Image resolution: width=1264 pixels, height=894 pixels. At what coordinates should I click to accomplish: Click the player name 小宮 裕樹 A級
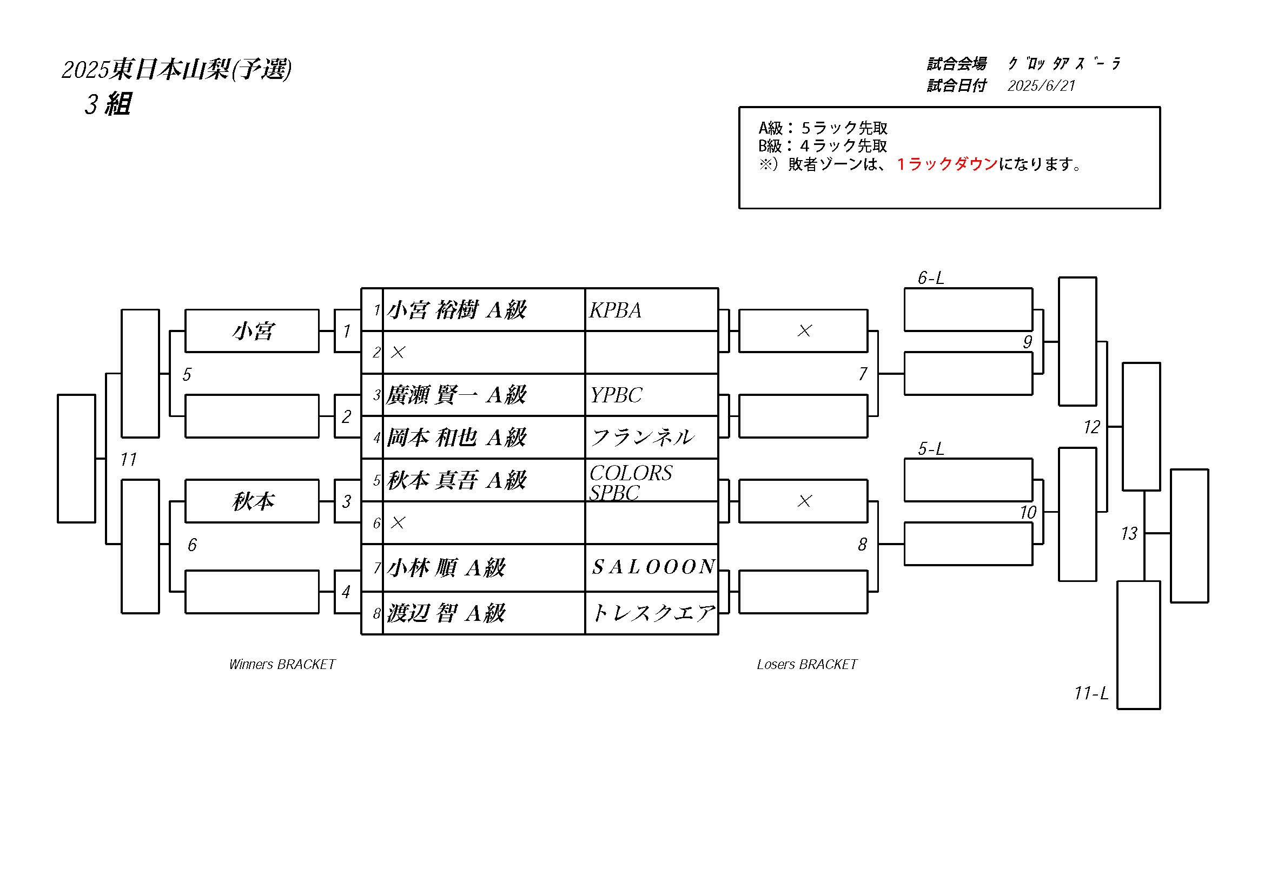pos(456,310)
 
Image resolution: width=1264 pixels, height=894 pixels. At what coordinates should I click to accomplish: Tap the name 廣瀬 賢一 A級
pos(456,395)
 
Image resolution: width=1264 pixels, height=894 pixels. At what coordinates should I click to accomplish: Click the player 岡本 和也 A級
pos(456,438)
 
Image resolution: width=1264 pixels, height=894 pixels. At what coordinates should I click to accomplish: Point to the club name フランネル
pos(643,438)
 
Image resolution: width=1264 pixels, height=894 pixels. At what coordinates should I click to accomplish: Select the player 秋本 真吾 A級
pos(456,481)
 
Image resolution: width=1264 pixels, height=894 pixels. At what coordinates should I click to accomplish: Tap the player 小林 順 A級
pos(446,568)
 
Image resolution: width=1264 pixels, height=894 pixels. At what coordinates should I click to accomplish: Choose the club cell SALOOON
pos(653,567)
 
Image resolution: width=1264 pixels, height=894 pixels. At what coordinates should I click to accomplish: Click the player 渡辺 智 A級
pos(446,613)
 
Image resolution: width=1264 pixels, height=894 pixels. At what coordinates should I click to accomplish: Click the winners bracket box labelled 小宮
pos(252,331)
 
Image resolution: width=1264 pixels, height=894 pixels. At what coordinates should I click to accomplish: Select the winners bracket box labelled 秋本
pos(252,501)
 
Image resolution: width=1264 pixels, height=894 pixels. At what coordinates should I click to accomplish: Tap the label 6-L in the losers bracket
pos(930,278)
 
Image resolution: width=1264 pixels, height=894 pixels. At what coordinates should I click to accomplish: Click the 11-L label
pos(1091,693)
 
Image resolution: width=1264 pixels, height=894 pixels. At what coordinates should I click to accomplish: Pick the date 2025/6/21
pos(1041,86)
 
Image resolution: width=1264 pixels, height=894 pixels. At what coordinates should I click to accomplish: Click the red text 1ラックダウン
pos(947,164)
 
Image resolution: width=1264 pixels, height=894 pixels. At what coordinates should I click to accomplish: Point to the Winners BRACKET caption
pos(282,665)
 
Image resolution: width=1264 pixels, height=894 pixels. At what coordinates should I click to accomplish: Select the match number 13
pos(1129,533)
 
